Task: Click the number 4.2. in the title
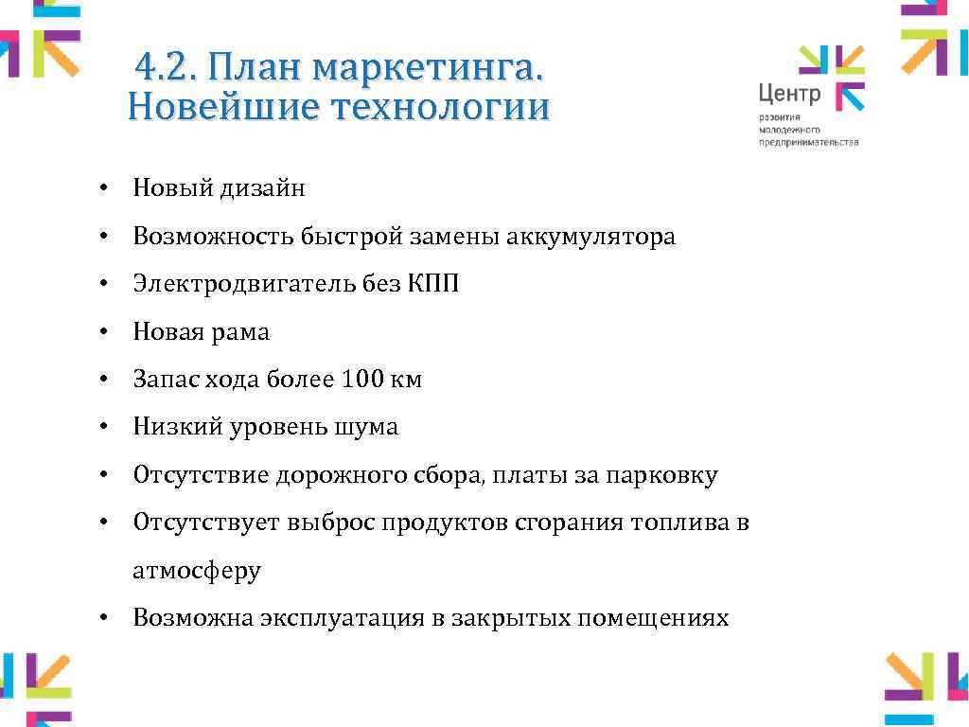point(166,68)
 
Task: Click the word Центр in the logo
point(789,93)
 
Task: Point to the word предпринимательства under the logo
point(808,142)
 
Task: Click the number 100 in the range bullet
point(360,380)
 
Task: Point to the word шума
point(366,428)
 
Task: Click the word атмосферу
point(197,571)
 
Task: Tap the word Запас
point(163,380)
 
